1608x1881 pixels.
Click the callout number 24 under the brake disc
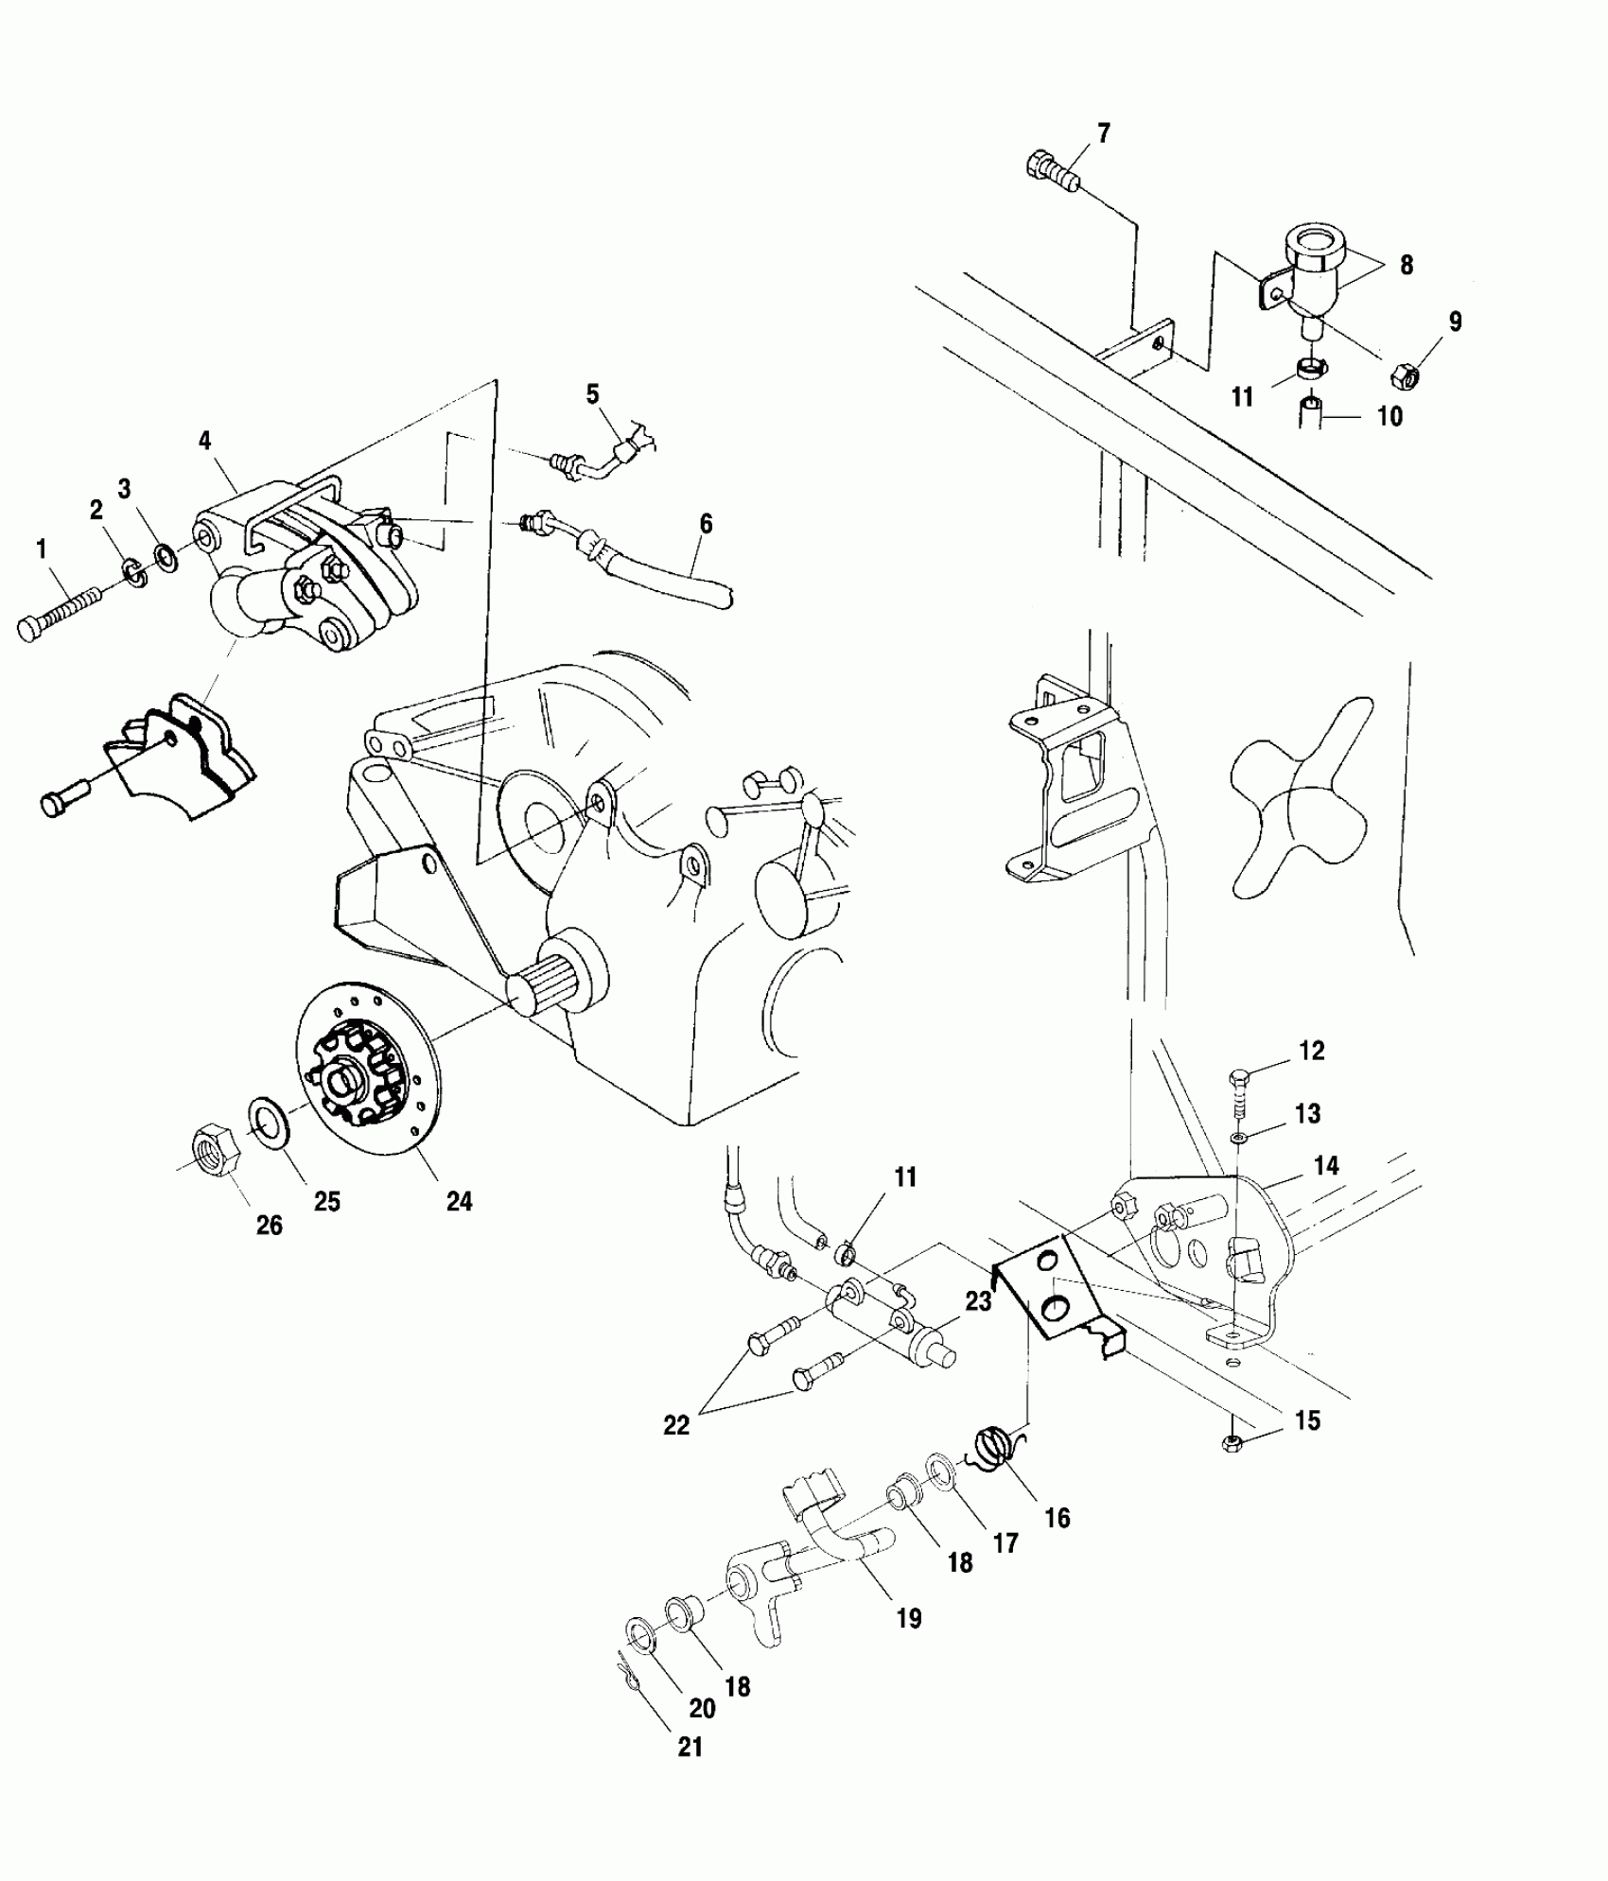click(x=459, y=1201)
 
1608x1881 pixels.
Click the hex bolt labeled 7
click(x=1051, y=173)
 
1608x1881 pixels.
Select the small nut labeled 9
click(x=1404, y=376)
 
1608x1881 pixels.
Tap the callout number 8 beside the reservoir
click(x=1407, y=266)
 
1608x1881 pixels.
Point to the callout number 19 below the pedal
click(x=908, y=1618)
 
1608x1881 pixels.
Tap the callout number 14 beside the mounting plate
click(x=1327, y=1165)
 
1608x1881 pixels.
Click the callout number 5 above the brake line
click(x=593, y=393)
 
